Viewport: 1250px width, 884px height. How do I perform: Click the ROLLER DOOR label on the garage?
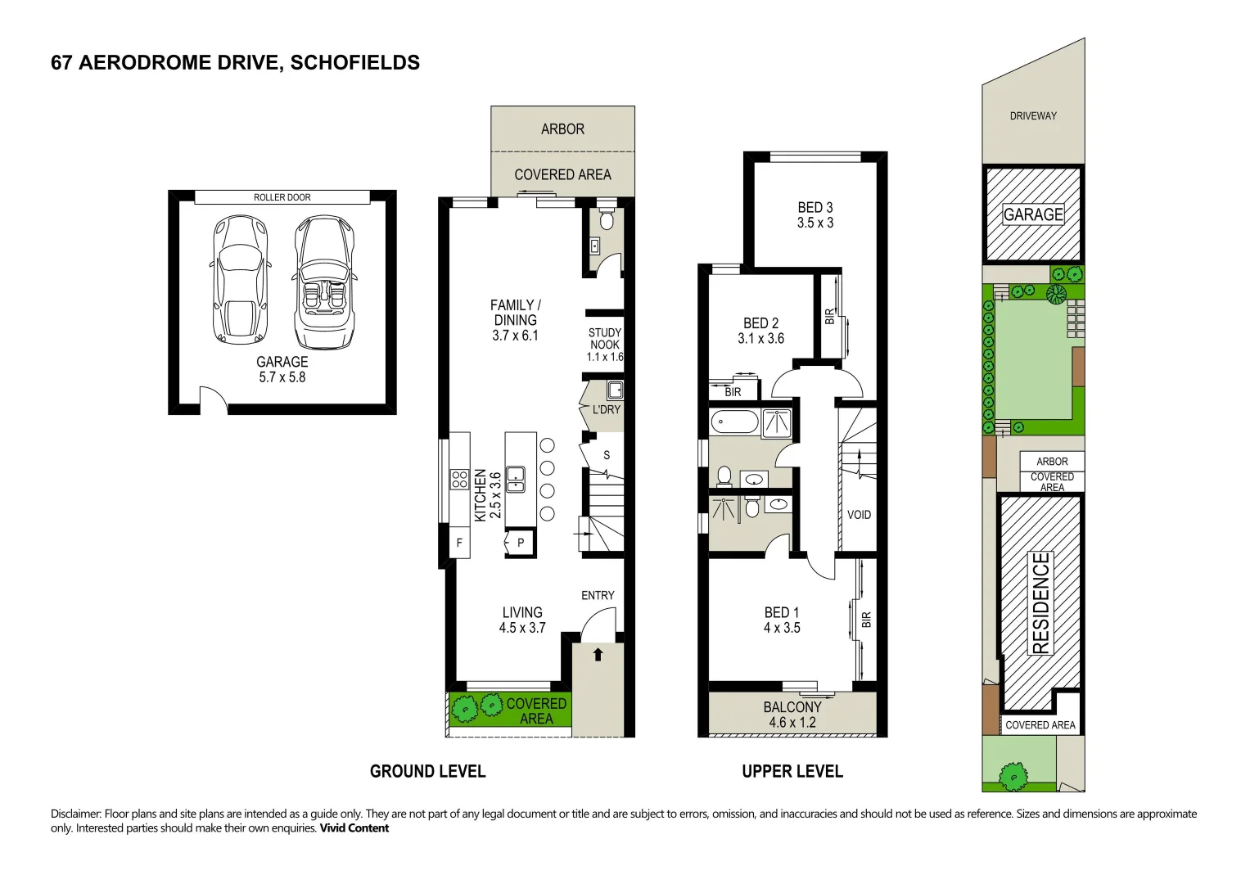pyautogui.click(x=282, y=197)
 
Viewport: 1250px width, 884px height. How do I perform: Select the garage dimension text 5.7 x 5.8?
pyautogui.click(x=282, y=377)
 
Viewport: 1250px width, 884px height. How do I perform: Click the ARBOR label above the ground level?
pyautogui.click(x=562, y=129)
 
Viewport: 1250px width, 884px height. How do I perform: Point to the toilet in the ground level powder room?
pyautogui.click(x=607, y=219)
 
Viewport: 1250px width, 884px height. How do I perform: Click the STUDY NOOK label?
pyautogui.click(x=605, y=338)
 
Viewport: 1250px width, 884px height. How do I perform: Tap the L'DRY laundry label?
pyautogui.click(x=607, y=409)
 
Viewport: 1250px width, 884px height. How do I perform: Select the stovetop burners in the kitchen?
pyautogui.click(x=460, y=479)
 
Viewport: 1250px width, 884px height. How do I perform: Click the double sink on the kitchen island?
pyautogui.click(x=515, y=480)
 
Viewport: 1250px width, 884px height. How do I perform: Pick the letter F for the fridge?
pyautogui.click(x=459, y=542)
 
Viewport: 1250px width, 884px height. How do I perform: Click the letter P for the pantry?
pyautogui.click(x=521, y=543)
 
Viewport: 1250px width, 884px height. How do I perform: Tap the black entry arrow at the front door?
pyautogui.click(x=598, y=654)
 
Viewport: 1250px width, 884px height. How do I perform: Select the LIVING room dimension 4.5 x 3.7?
pyautogui.click(x=522, y=628)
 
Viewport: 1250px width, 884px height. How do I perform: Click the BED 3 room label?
pyautogui.click(x=815, y=208)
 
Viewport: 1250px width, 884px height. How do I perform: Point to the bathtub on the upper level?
pyautogui.click(x=734, y=422)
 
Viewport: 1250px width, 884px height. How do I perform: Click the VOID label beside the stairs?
pyautogui.click(x=859, y=515)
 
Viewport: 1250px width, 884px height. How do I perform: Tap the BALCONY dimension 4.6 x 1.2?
pyautogui.click(x=792, y=723)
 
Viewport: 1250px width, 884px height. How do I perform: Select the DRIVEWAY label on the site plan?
pyautogui.click(x=1034, y=116)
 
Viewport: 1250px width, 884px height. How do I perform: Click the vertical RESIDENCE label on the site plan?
pyautogui.click(x=1041, y=603)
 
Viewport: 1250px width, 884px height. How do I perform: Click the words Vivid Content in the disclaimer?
pyautogui.click(x=354, y=828)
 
